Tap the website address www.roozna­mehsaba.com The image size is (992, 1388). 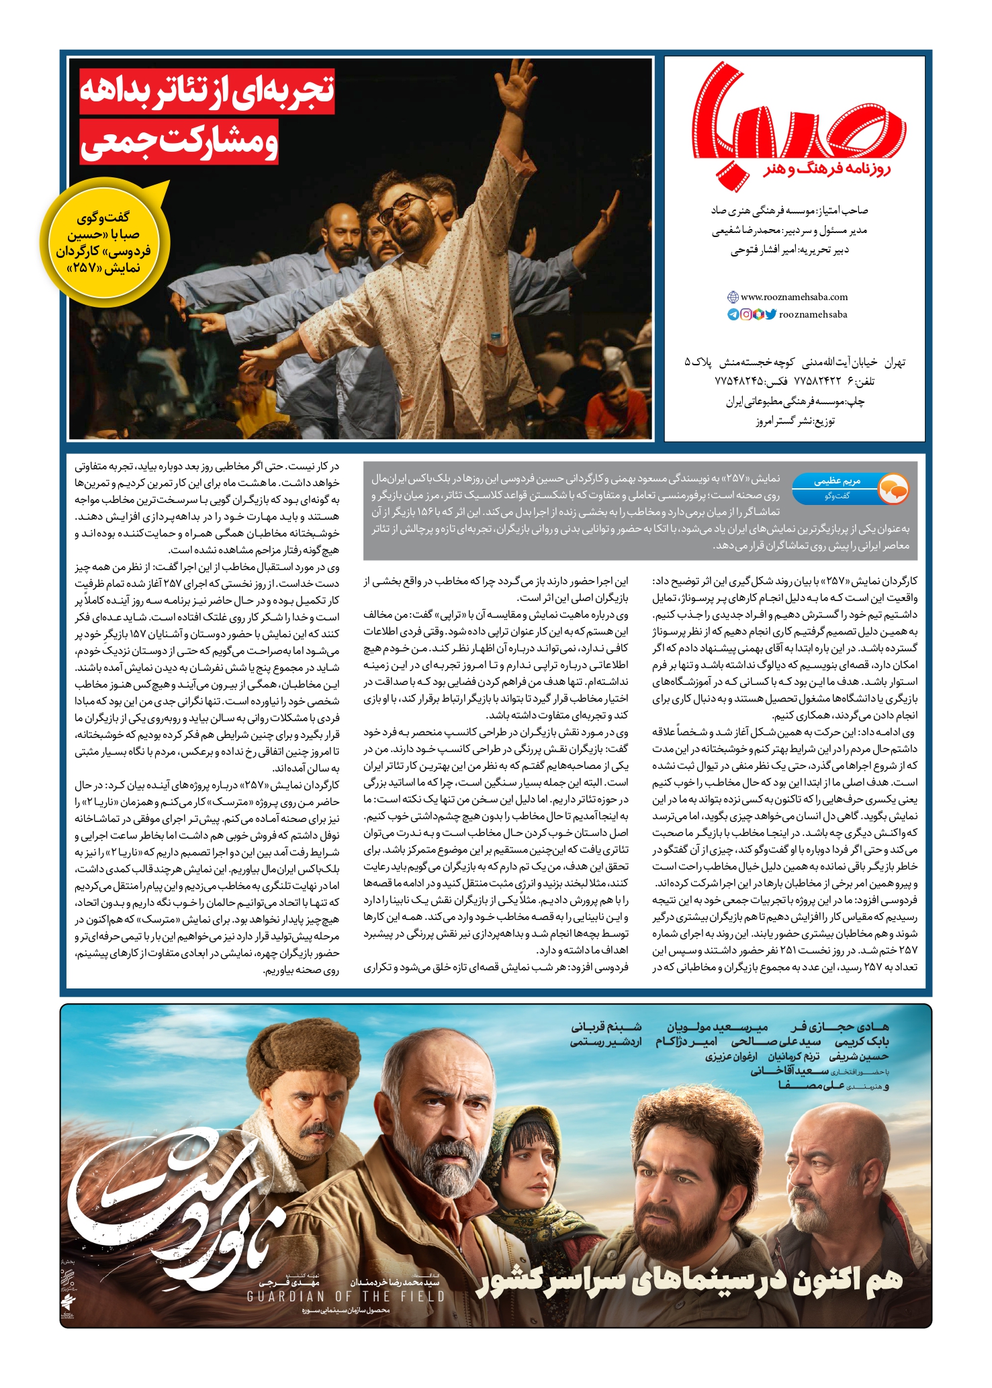794,297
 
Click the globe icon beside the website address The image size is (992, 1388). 733,297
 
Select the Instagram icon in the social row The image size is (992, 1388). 746,314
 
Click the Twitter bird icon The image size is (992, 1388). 770,314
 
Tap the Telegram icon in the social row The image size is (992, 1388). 733,314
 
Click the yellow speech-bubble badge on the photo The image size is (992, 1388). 104,242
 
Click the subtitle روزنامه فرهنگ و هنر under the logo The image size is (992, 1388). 827,169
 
